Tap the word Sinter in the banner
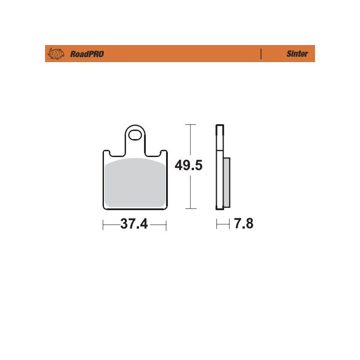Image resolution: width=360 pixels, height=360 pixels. click(297, 54)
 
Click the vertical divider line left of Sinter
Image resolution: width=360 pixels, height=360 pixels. click(261, 54)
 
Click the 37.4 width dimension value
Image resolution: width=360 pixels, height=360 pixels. click(134, 224)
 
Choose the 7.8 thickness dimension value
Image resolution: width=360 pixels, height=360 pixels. click(243, 224)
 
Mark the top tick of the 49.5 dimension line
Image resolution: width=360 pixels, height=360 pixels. click(191, 124)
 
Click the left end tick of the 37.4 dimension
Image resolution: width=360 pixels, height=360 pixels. click(103, 224)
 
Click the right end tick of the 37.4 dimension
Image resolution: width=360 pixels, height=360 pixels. click(166, 224)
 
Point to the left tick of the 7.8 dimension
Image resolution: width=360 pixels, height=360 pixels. click(217, 224)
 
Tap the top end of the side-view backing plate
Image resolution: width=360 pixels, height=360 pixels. click(219, 125)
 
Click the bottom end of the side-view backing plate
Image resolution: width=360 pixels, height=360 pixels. click(220, 209)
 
